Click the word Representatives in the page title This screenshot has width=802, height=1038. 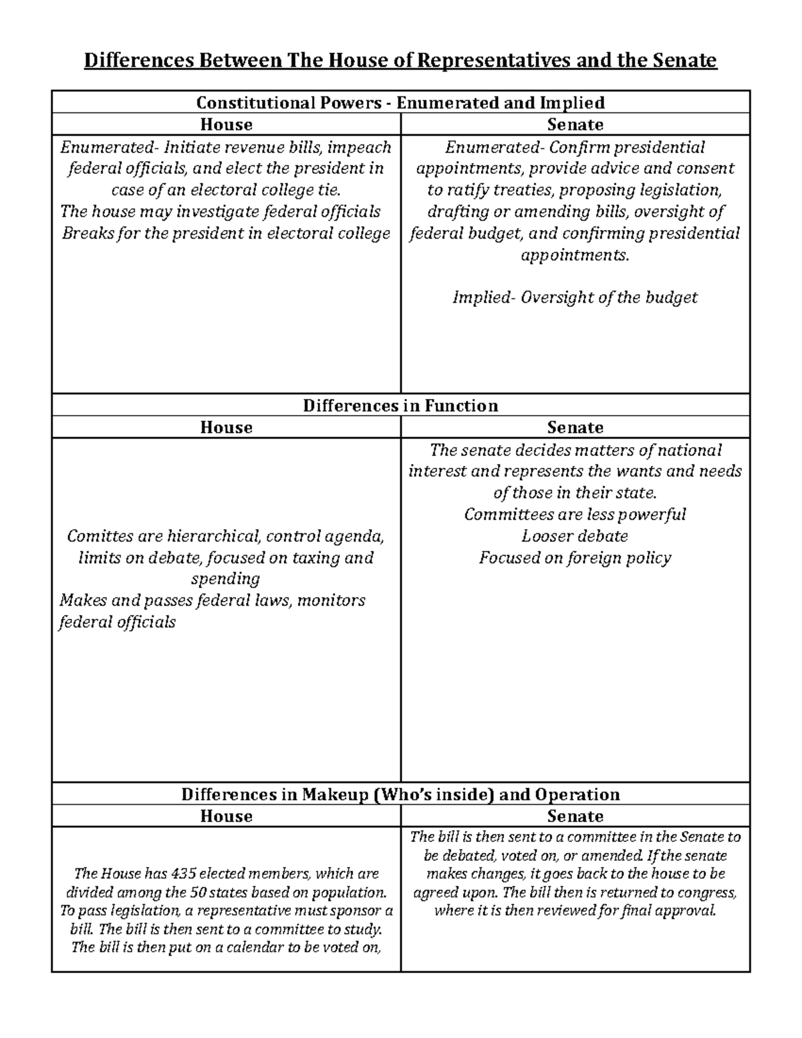(491, 61)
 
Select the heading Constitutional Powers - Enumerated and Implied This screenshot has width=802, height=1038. (400, 102)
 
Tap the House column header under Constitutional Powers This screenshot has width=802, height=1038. (226, 124)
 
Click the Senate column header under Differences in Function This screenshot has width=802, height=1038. (575, 427)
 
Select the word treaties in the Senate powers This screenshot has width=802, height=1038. (523, 190)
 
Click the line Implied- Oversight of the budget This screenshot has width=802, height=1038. (575, 297)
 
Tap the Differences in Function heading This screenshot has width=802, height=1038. (400, 406)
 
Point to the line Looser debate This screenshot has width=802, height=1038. (575, 536)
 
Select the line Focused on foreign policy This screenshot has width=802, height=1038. (575, 557)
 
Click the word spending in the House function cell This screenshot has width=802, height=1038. (226, 579)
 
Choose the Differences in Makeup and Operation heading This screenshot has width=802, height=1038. (400, 794)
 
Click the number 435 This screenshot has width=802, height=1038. (184, 874)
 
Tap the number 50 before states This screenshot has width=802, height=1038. (198, 892)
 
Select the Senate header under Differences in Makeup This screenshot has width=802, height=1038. (575, 816)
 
